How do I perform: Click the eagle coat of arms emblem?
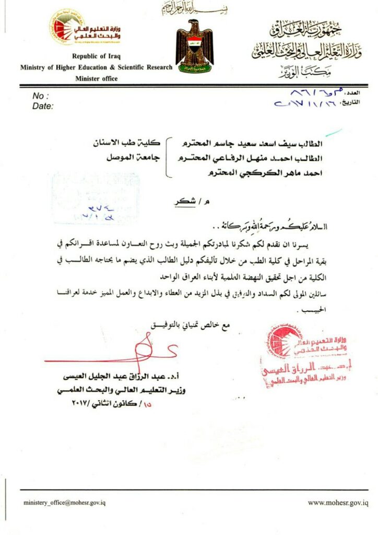click(194, 46)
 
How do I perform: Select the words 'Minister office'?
click(97, 78)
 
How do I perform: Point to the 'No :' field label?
click(40, 96)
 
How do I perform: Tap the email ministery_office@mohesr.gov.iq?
click(65, 503)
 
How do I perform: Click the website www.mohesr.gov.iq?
click(337, 503)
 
